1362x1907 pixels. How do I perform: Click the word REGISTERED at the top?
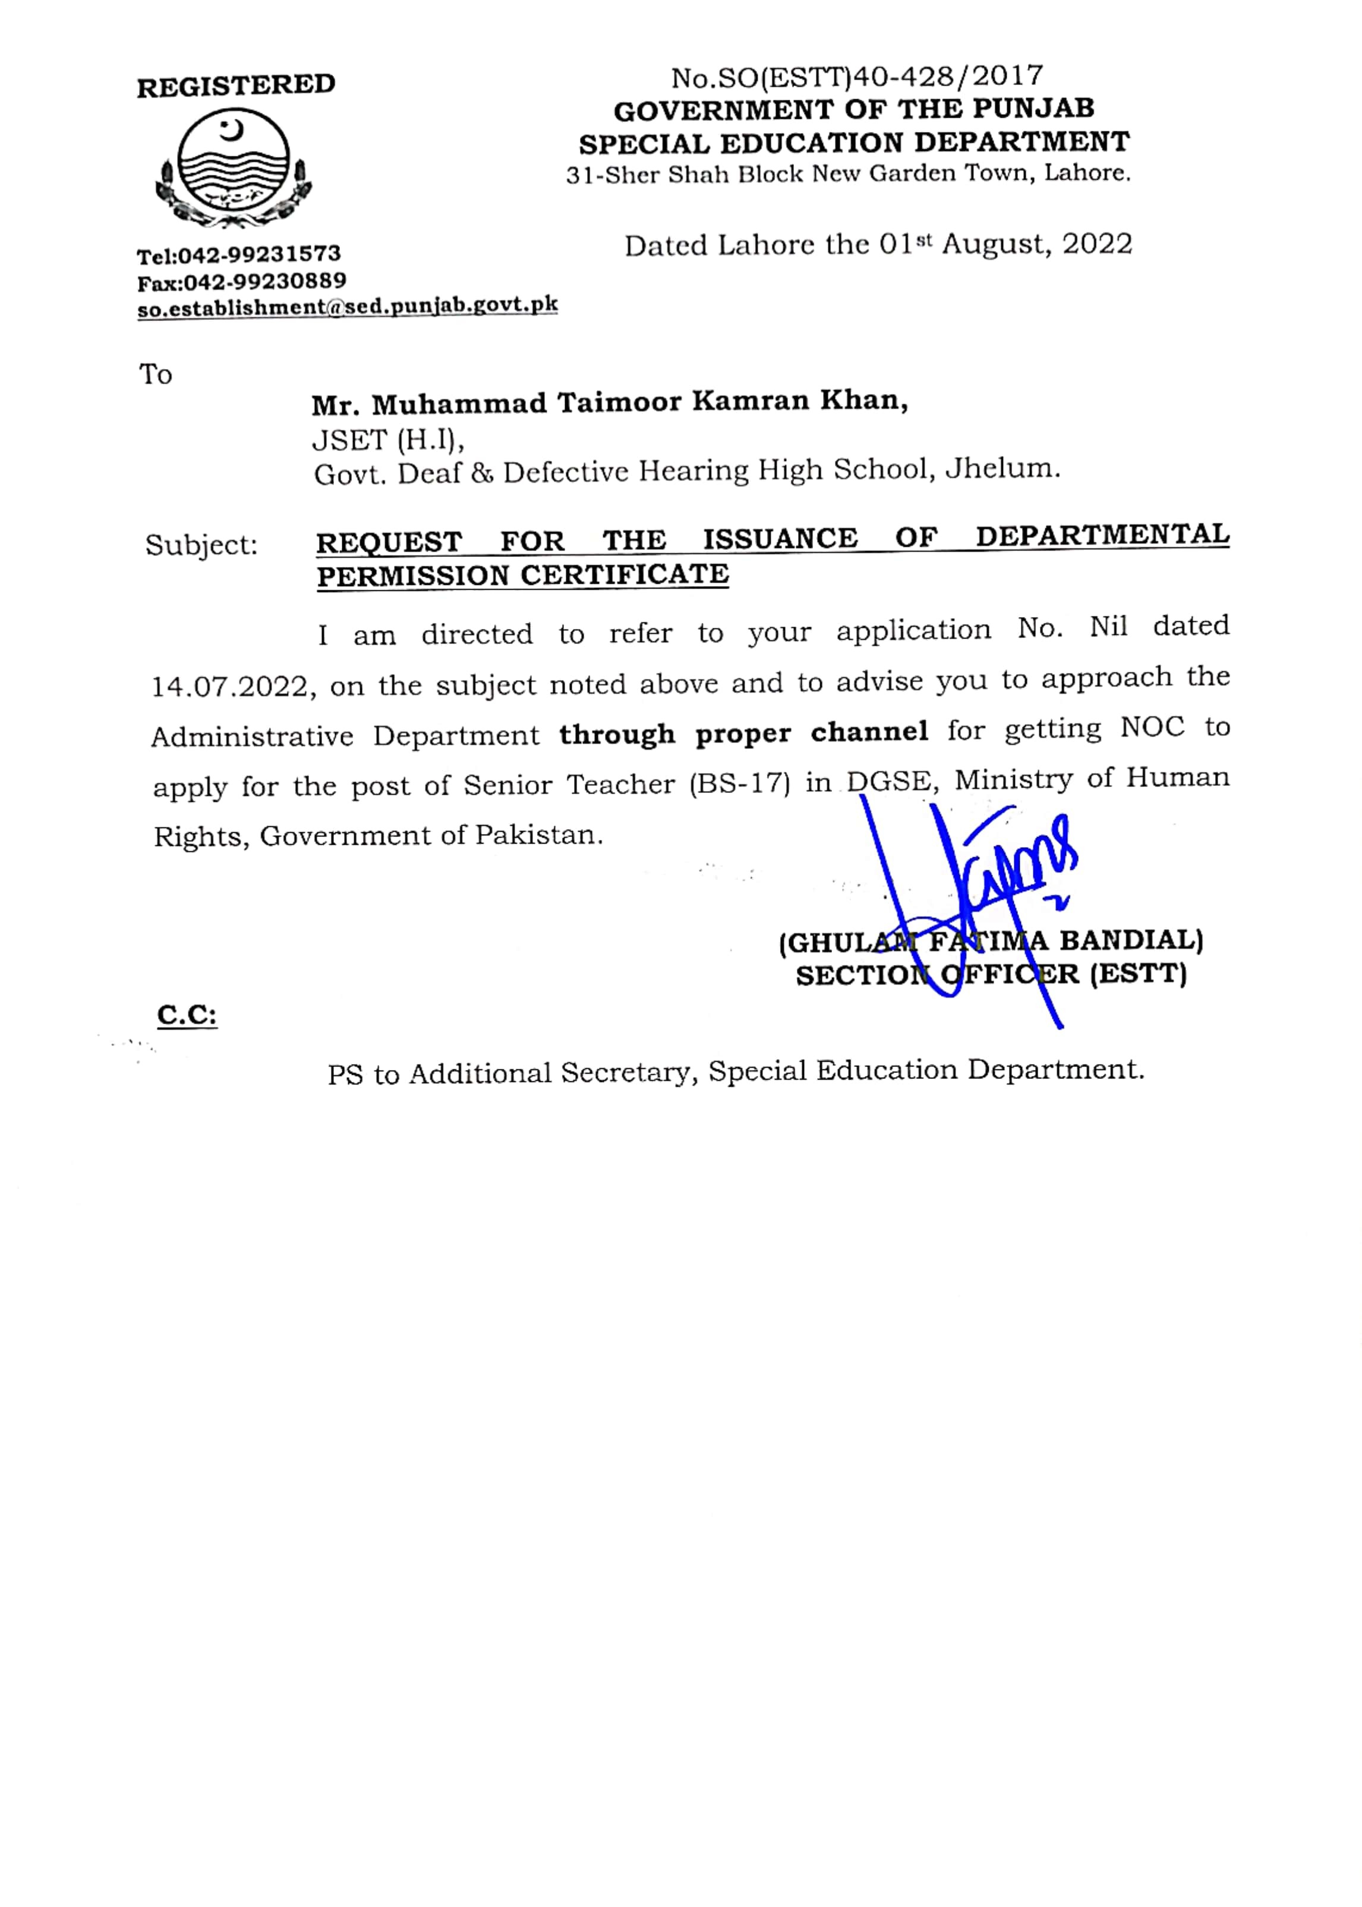(236, 86)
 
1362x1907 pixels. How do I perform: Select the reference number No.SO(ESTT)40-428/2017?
(856, 77)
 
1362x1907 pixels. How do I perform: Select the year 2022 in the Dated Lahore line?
(1097, 244)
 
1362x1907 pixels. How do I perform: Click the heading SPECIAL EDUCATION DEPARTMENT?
(854, 143)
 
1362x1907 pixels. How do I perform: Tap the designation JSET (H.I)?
(387, 439)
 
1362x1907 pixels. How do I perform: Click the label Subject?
(201, 545)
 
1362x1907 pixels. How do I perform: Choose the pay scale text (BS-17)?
(740, 783)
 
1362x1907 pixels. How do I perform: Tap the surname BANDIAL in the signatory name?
(1130, 940)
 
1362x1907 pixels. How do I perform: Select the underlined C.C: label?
(187, 1016)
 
